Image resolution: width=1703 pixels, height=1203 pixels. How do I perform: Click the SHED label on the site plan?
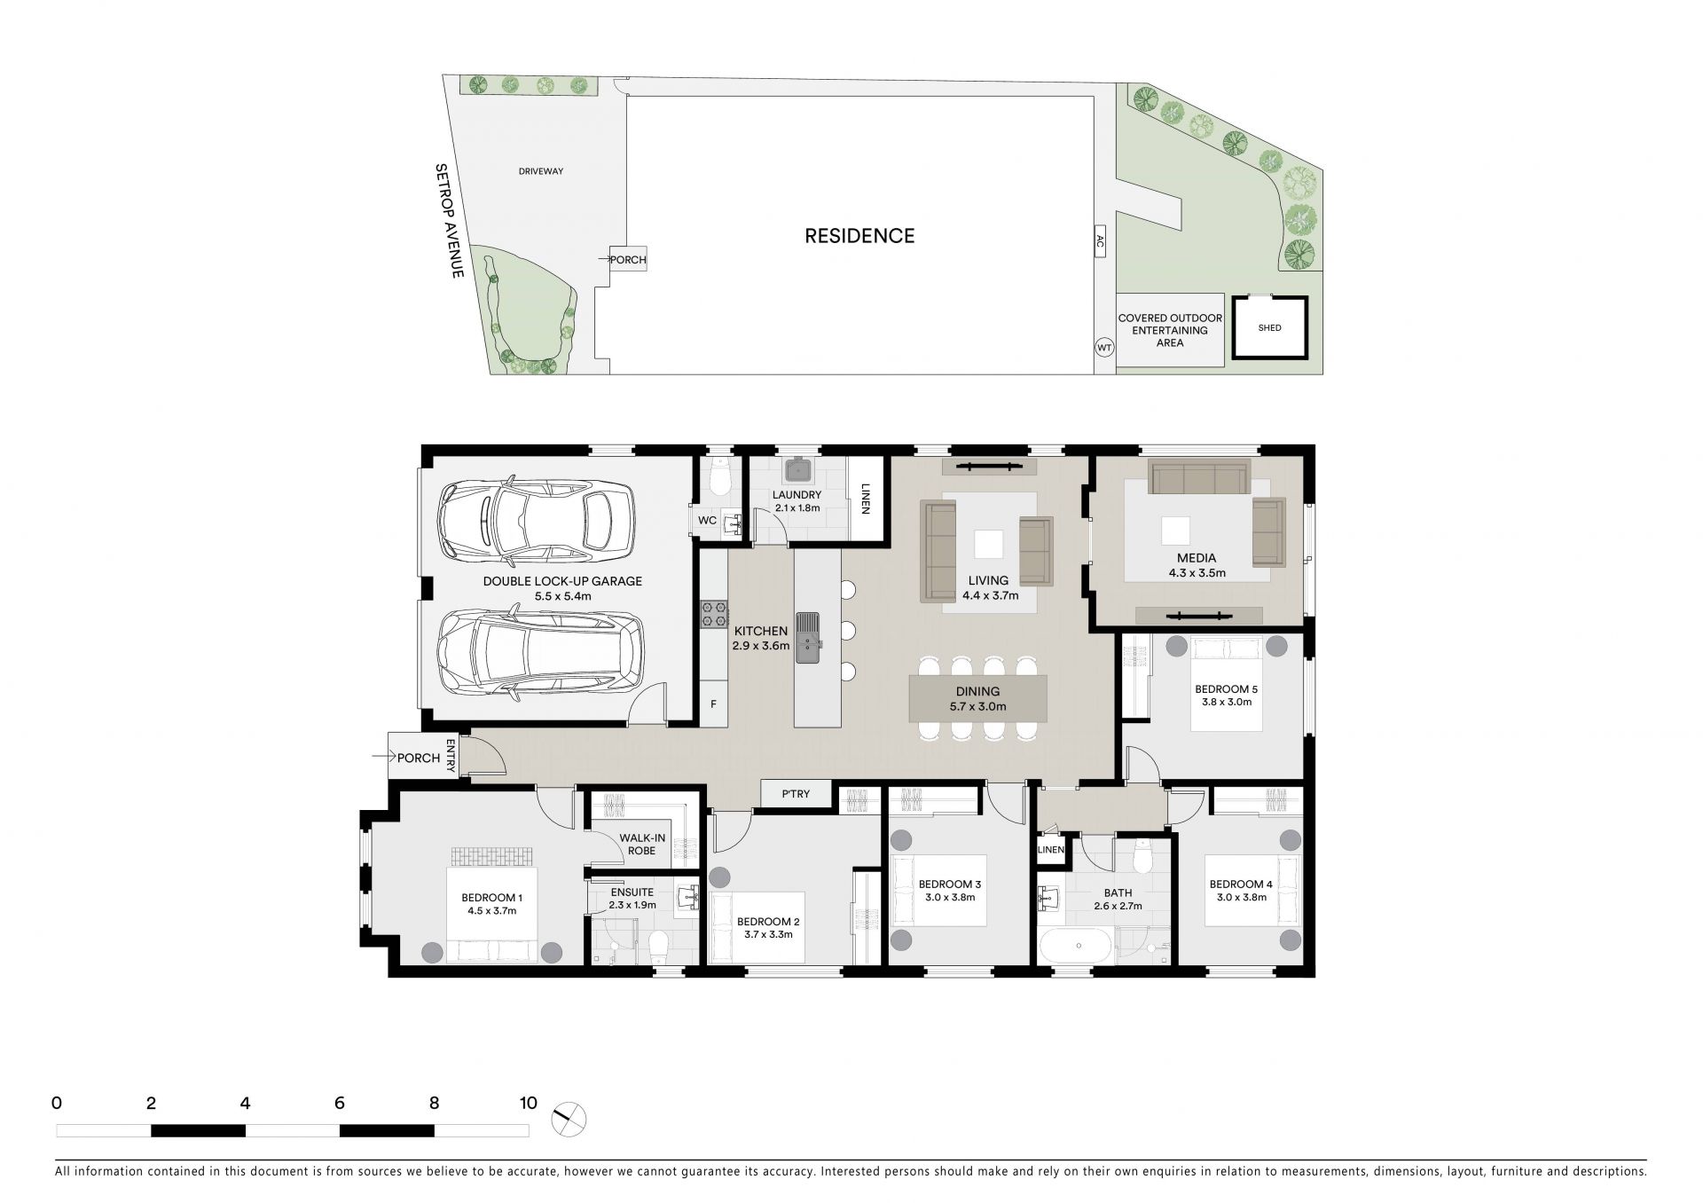pos(1269,327)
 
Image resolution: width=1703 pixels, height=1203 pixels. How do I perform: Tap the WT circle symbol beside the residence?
pos(1104,348)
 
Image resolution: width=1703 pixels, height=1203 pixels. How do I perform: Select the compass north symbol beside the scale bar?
pos(569,1120)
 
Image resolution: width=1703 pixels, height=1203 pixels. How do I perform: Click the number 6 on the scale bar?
pos(340,1104)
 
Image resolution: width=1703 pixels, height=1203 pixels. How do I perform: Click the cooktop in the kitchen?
pos(715,613)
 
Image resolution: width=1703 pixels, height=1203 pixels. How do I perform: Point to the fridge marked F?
pos(713,704)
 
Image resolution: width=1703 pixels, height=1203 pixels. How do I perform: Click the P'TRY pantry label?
pos(796,794)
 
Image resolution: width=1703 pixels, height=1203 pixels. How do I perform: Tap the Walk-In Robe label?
pos(642,844)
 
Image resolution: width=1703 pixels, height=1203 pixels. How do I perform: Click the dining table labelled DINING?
pos(977,698)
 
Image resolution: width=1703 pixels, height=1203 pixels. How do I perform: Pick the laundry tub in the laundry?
pos(797,468)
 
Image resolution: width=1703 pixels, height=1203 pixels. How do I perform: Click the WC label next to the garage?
pos(707,520)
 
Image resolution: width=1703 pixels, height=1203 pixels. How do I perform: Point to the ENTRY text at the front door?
pos(451,755)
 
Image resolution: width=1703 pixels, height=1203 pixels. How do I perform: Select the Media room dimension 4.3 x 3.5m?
pos(1197,572)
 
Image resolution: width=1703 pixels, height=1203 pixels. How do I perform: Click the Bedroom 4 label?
pos(1240,884)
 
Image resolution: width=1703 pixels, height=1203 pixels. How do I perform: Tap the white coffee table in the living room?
pos(989,543)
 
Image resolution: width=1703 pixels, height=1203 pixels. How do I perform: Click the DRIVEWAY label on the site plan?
pos(541,171)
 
